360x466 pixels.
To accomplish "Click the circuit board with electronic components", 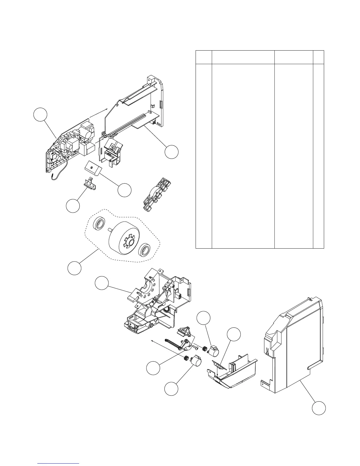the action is [x=71, y=144].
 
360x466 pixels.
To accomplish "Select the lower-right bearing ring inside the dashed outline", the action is [x=145, y=251].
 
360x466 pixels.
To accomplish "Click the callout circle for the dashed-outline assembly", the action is [x=74, y=268].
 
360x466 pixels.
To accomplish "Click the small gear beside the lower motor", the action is [x=186, y=358].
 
